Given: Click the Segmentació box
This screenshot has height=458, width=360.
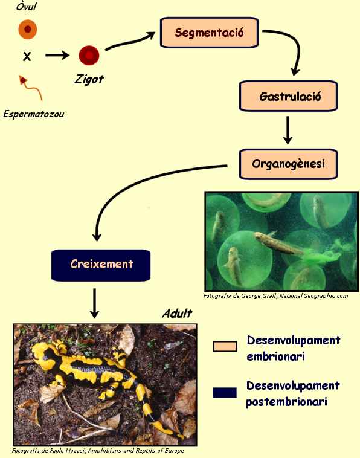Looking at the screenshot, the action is tap(209, 33).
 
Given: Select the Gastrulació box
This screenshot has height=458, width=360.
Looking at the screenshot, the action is tap(289, 96).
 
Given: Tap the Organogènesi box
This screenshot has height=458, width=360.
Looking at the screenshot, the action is tap(289, 164).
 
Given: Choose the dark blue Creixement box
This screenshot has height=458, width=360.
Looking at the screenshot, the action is tap(101, 265).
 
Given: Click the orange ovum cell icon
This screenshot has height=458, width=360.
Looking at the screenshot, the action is tap(28, 29).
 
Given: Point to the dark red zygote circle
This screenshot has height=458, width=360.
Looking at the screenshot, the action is tap(89, 55).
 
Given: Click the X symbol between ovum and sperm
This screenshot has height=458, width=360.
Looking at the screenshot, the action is tap(27, 56).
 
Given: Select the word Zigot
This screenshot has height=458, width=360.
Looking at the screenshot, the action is tap(89, 79).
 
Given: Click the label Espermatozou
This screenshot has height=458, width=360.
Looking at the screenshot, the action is tap(34, 114).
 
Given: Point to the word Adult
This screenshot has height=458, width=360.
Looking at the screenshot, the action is tap(177, 314).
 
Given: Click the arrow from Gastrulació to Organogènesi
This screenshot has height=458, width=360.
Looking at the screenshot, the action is tap(288, 130).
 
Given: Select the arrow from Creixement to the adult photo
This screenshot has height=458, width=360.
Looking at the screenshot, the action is tap(94, 303).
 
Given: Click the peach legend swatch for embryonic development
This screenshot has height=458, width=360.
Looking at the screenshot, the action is tap(225, 346).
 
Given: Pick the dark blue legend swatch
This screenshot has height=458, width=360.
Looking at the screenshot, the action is tap(225, 393).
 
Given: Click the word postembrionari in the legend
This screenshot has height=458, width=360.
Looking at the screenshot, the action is tap(286, 402).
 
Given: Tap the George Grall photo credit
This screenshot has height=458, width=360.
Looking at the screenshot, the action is tap(275, 296).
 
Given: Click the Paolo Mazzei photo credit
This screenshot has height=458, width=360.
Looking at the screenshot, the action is tap(98, 450).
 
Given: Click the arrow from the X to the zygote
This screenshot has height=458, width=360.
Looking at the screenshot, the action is tap(57, 55).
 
